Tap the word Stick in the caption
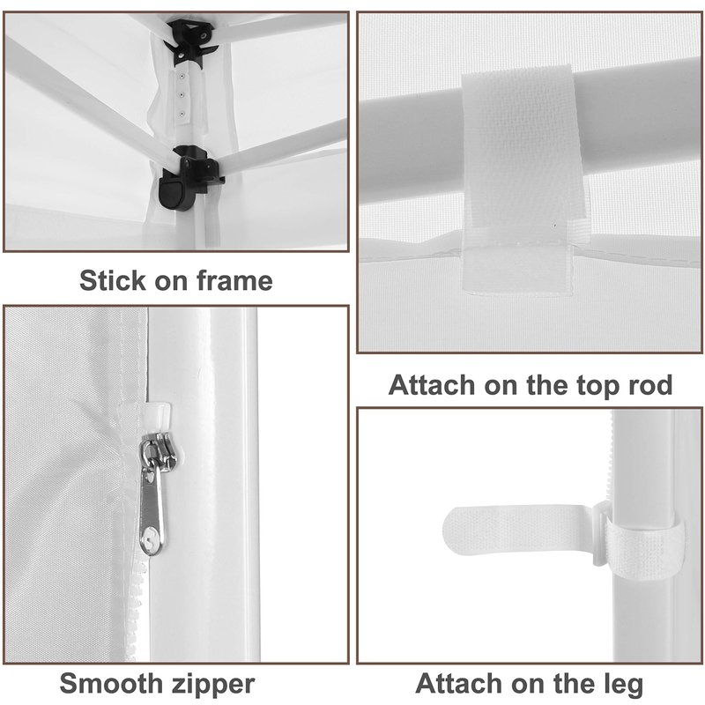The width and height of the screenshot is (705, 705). (x=113, y=280)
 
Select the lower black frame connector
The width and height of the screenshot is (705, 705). (x=187, y=178)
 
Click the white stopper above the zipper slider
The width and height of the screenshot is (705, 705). (x=159, y=416)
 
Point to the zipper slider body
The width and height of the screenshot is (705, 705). (x=158, y=449)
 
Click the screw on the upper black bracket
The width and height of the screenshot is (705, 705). (x=205, y=34)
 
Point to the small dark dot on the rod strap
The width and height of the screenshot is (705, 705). (x=555, y=225)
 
